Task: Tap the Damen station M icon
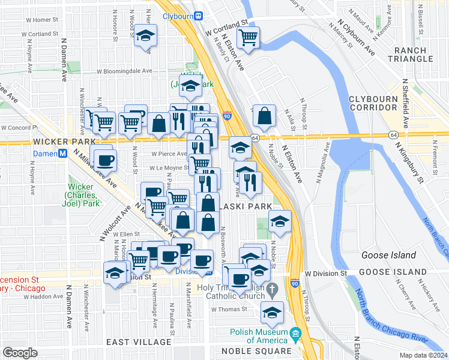(x=61, y=154)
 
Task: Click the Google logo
(x=20, y=353)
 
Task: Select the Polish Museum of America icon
(x=295, y=333)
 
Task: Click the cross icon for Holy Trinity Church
(x=273, y=289)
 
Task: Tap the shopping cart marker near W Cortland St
(x=248, y=38)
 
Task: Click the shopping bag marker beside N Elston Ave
(x=264, y=116)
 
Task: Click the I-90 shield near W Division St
(x=294, y=283)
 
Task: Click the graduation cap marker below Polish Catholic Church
(x=273, y=313)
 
